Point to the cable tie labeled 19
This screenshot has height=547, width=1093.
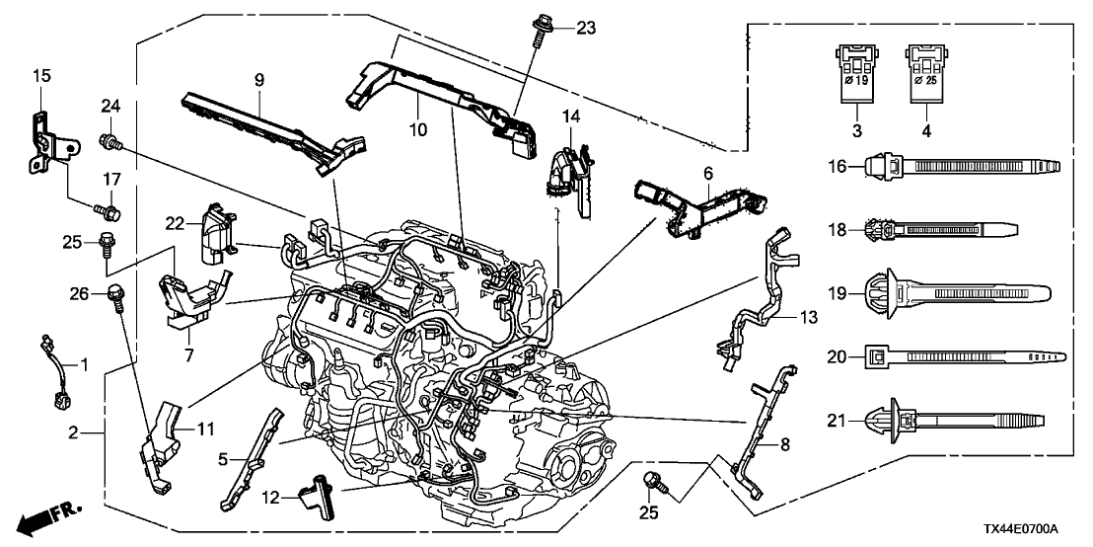point(947,292)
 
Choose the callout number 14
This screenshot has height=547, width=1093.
point(569,117)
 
